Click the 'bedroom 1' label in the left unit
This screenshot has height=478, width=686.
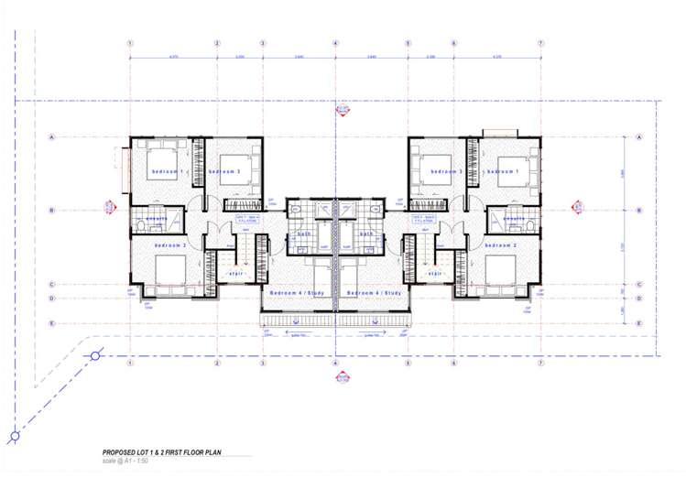tap(169, 171)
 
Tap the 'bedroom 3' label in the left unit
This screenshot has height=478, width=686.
tap(224, 171)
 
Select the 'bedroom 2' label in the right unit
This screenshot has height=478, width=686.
tap(502, 246)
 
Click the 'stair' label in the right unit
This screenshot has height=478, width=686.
tap(436, 272)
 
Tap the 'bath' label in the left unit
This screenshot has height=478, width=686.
tap(304, 234)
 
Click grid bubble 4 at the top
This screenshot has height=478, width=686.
tap(336, 43)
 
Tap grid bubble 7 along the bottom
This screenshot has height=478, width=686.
tap(541, 362)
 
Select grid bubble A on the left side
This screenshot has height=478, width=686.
tap(52, 138)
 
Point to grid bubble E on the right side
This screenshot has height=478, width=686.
tap(638, 322)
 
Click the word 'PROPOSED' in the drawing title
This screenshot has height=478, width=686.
tap(122, 452)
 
